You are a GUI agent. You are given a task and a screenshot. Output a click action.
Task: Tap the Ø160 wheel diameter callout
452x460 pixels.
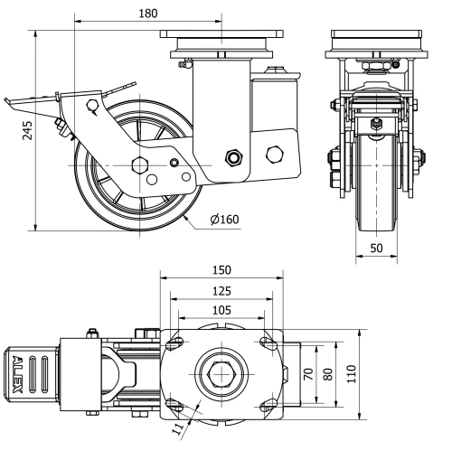(x=223, y=219)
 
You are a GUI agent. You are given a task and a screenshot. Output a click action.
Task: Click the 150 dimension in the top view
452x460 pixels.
(x=221, y=269)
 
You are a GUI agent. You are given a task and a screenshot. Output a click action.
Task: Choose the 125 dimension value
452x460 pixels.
(x=221, y=291)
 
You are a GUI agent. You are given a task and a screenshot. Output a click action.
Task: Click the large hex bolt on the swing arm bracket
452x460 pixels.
(x=274, y=154)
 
